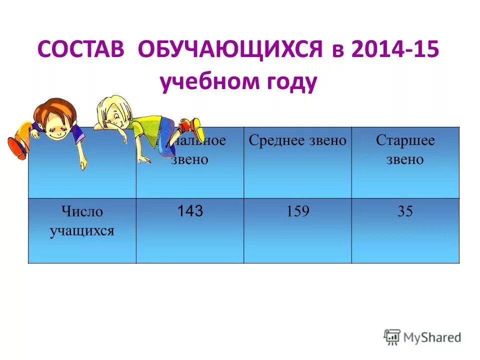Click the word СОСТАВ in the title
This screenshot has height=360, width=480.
click(82, 51)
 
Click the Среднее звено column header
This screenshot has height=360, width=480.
click(297, 140)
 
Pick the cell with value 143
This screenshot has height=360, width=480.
click(190, 211)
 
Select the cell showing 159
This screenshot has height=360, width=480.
click(297, 211)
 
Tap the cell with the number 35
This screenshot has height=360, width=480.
click(405, 211)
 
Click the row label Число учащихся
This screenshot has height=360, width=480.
click(82, 221)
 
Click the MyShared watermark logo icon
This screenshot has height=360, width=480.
click(392, 336)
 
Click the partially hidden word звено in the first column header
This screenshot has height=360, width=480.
click(190, 159)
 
